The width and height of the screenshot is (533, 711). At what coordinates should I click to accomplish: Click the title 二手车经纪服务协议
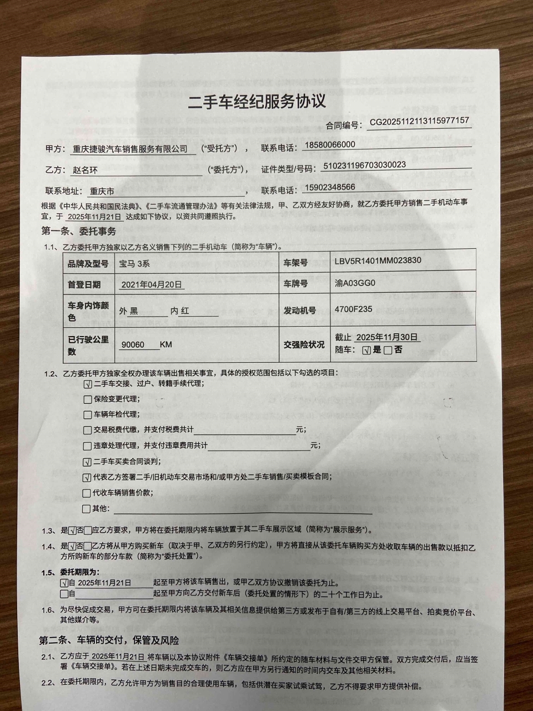(x=257, y=101)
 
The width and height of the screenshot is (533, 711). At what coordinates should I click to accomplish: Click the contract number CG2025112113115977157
(x=419, y=121)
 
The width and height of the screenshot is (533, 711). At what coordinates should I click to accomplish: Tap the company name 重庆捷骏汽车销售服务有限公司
(x=130, y=149)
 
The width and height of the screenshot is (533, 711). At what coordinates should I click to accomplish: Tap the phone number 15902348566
(x=330, y=187)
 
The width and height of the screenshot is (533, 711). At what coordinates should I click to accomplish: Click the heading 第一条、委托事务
(x=79, y=231)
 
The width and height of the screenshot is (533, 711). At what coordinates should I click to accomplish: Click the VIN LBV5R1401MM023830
(x=378, y=260)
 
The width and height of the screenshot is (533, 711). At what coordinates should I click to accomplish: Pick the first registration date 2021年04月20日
(x=152, y=284)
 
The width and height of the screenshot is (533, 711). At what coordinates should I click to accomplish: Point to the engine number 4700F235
(x=353, y=309)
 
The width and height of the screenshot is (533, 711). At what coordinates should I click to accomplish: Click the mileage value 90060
(x=133, y=345)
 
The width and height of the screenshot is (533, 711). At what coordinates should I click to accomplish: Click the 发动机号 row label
(x=300, y=310)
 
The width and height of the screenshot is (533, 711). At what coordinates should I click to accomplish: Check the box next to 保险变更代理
(x=87, y=399)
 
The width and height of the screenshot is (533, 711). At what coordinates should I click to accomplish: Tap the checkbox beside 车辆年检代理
(x=87, y=415)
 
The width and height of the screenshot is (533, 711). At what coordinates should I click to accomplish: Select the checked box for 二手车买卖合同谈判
(x=87, y=462)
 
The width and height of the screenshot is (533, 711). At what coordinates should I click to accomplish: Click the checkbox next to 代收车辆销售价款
(x=87, y=493)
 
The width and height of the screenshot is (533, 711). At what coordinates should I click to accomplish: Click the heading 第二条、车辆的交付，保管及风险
(x=109, y=640)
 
